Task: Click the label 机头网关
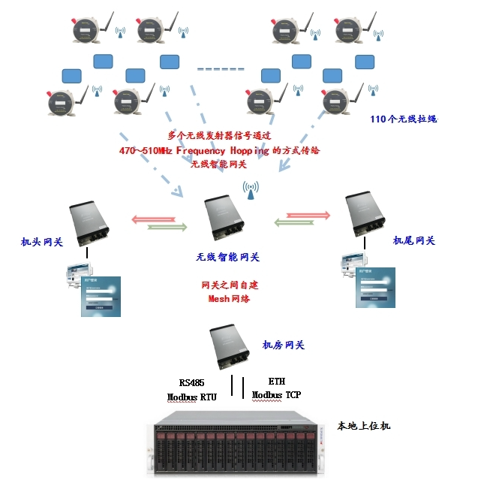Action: point(41,243)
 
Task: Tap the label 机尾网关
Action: point(413,241)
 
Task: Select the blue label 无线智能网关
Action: point(227,257)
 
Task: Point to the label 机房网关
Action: point(283,345)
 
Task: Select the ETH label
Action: point(276,382)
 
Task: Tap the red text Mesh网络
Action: point(228,299)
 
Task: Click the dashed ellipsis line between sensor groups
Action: point(221,69)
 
